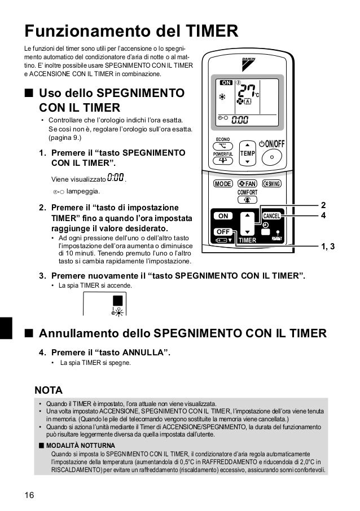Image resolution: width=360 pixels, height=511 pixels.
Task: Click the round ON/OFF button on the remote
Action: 273,157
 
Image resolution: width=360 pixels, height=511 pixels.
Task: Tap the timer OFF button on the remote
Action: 223,232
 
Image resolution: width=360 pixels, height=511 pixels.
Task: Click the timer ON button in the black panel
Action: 223,216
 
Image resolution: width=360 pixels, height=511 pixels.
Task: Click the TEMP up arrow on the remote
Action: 247,144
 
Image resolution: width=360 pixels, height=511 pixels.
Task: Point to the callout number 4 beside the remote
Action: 323,215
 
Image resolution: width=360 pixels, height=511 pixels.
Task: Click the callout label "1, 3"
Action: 328,246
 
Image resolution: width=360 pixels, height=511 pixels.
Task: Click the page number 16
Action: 29,496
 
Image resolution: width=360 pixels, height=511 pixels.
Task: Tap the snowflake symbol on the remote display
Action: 222,96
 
